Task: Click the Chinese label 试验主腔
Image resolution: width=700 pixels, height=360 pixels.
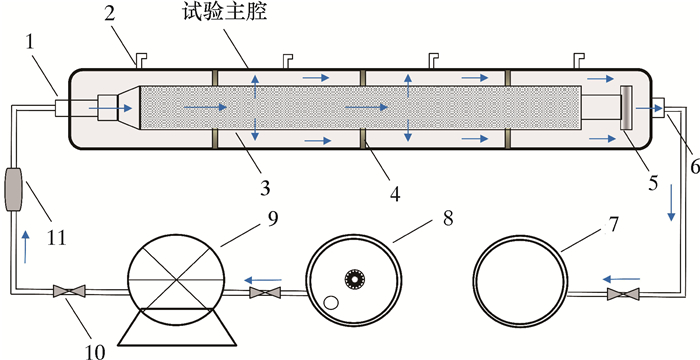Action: [x=225, y=13]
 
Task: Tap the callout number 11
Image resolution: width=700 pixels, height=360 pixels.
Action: [x=56, y=237]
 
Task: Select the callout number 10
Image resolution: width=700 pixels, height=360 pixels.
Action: [x=95, y=352]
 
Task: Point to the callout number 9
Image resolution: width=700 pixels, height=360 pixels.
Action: [x=273, y=219]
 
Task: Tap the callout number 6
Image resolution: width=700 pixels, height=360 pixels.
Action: [x=694, y=168]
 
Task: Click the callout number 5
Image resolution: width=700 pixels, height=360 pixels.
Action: [x=653, y=183]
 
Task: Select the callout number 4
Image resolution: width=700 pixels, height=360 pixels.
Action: [x=395, y=193]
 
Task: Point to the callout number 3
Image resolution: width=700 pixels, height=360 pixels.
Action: [x=265, y=188]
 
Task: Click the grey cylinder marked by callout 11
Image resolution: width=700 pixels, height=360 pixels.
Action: [x=13, y=188]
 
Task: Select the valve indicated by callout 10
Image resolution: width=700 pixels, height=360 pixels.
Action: [x=69, y=291]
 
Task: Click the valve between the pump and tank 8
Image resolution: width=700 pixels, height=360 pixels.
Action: [x=265, y=293]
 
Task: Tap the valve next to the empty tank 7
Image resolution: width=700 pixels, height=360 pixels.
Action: [x=623, y=294]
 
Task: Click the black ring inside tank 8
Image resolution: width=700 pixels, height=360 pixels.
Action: [x=355, y=279]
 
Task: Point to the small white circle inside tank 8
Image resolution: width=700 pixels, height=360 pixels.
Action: [x=331, y=303]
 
